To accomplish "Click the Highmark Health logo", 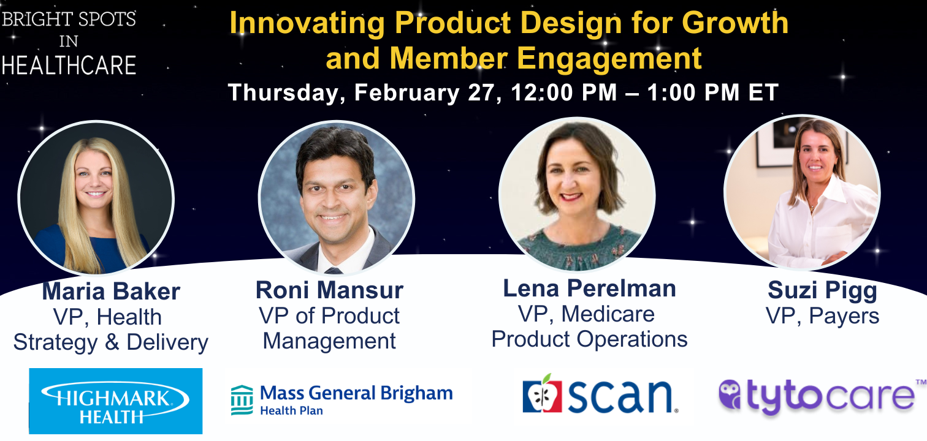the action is [115, 401].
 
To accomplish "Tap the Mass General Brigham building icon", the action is [242, 400].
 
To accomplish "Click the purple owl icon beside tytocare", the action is [730, 394].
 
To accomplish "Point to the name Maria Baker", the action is [111, 291].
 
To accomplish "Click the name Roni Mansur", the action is [329, 290].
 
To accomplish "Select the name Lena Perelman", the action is [589, 288].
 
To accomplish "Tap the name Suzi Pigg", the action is [822, 291].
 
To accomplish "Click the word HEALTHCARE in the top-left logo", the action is [69, 66].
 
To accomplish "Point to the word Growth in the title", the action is [735, 22].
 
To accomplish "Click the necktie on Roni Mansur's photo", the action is [334, 271].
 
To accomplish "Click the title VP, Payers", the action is [822, 316].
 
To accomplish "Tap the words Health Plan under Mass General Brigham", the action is [291, 410].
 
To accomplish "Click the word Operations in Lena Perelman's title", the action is [632, 340].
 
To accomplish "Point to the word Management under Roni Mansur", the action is [329, 341].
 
